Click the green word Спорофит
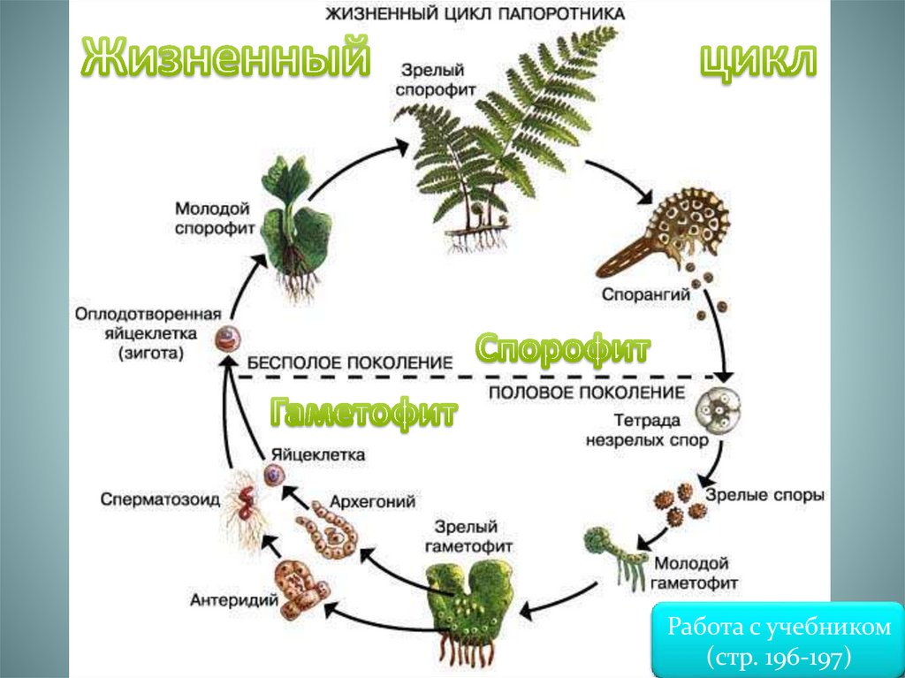pyautogui.click(x=563, y=350)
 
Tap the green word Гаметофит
pyautogui.click(x=364, y=411)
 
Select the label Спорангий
pyautogui.click(x=647, y=295)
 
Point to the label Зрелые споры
pyautogui.click(x=765, y=495)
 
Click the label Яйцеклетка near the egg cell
pyautogui.click(x=319, y=454)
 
